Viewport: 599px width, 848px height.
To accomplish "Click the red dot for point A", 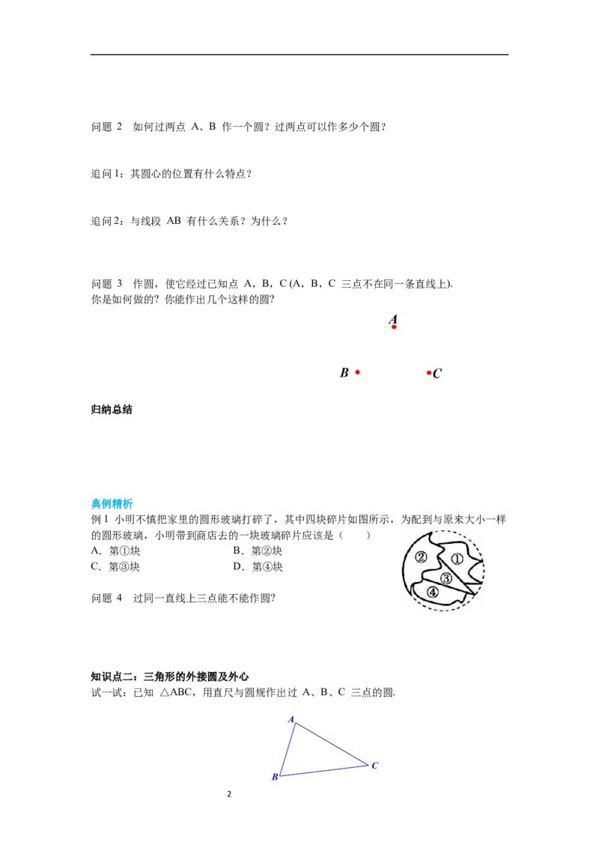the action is coord(394,327).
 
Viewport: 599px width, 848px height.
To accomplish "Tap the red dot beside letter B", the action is coord(357,372).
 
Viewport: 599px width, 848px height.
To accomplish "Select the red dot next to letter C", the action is coord(429,372).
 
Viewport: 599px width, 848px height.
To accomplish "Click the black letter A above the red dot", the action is coord(393,319).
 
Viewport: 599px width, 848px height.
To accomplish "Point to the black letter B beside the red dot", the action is coord(344,372).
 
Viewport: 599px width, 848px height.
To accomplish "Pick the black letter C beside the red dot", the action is coord(437,373).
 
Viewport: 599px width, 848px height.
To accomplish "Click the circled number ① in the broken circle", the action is coord(457,559).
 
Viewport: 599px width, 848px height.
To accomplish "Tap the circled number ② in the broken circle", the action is coord(422,557).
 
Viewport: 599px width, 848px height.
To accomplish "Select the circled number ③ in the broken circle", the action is coord(446,578).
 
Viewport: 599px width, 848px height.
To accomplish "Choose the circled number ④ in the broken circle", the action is coord(433,592).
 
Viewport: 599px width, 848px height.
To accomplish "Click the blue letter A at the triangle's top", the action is coord(291,719).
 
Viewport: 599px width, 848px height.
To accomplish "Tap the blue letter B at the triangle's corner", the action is coord(275,778).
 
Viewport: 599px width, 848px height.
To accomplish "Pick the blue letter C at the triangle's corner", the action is coord(375,766).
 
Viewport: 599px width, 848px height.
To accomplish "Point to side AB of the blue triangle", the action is coord(287,750).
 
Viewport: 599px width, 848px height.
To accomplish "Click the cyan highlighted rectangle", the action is coord(113,503).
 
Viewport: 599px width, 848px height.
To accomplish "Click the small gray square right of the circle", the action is coord(487,572).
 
